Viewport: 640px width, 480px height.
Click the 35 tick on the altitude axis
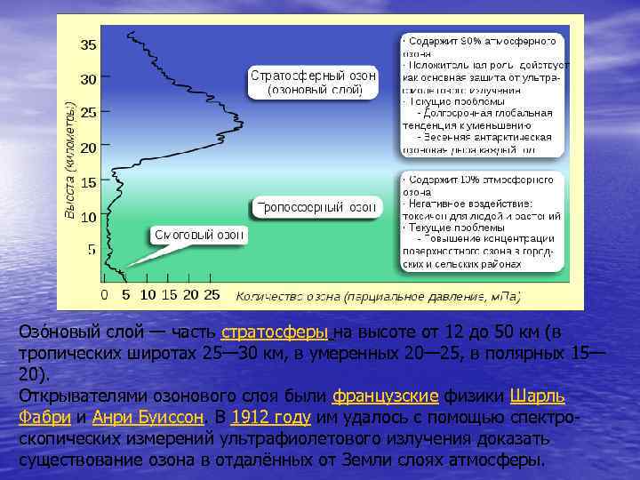coord(90,44)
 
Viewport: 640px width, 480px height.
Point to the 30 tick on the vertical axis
coord(90,78)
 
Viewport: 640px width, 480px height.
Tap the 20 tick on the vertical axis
coord(90,148)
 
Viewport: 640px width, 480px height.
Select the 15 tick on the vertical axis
coord(90,182)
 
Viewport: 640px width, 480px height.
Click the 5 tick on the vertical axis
coord(92,250)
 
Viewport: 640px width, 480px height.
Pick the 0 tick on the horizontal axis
coord(105,294)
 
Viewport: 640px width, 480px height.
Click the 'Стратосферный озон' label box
coord(313,82)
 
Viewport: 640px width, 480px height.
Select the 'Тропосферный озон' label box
coord(316,208)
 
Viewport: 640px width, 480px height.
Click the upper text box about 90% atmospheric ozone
coord(481,95)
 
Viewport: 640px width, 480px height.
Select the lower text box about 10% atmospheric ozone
coord(481,221)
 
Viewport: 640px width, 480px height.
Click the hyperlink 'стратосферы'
coord(275,332)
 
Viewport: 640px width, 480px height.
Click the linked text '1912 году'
coord(270,418)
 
